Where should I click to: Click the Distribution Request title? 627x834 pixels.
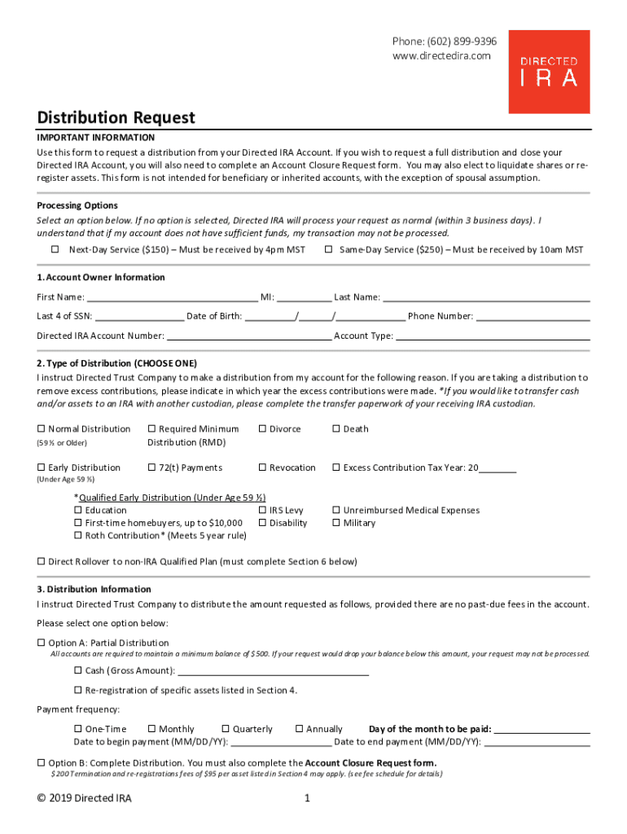(x=116, y=118)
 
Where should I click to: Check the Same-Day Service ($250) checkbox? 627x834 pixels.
(x=328, y=250)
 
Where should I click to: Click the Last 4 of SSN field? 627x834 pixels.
(x=139, y=317)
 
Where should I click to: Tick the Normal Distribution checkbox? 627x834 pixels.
(x=42, y=429)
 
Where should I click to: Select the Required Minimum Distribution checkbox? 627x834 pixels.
(x=151, y=429)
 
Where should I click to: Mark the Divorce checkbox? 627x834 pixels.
(x=262, y=429)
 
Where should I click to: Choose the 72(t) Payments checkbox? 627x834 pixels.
(x=151, y=468)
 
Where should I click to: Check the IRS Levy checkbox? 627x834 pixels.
(x=262, y=511)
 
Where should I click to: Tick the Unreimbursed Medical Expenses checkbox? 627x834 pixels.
(x=336, y=511)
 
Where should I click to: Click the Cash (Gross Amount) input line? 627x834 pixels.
(x=273, y=671)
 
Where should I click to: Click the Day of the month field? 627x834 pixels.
(x=542, y=730)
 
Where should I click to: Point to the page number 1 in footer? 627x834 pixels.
(x=307, y=799)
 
